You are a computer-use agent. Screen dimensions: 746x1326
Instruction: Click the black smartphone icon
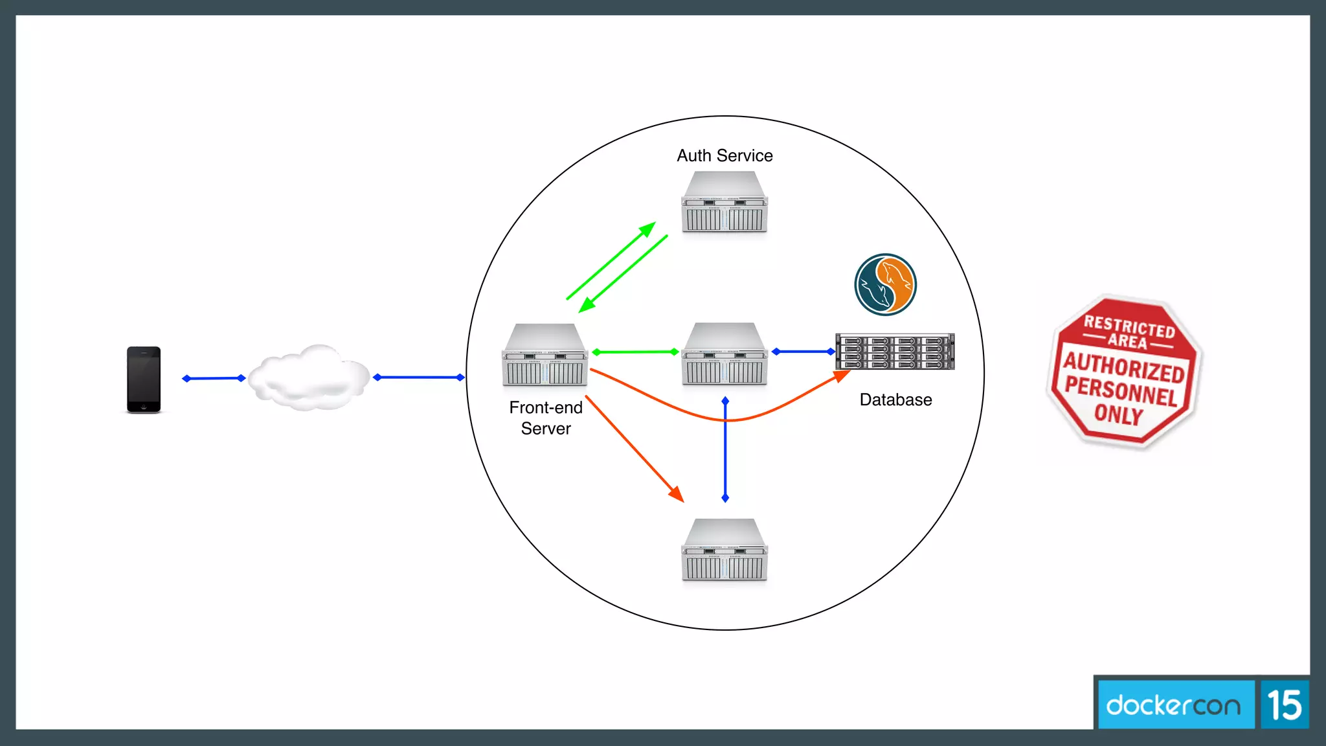point(144,379)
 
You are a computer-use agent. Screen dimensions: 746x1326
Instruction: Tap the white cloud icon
point(309,379)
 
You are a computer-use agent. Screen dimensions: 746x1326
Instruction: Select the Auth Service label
point(725,155)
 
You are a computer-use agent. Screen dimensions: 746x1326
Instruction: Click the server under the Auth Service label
point(725,202)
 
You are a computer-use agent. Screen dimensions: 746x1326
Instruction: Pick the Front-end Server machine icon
point(545,355)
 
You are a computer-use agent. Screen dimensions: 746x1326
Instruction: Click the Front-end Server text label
point(546,418)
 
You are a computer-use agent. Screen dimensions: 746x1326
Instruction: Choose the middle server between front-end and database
point(725,354)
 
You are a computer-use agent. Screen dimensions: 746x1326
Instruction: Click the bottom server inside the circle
point(725,550)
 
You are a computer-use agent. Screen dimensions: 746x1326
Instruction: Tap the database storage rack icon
point(895,352)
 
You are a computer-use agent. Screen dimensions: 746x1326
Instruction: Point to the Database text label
point(895,400)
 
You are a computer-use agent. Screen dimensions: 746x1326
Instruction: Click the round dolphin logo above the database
point(885,284)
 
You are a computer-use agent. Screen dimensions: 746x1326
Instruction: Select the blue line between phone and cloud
point(214,378)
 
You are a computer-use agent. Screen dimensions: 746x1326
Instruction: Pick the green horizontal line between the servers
point(635,352)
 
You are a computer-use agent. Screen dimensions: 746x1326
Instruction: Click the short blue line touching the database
point(803,352)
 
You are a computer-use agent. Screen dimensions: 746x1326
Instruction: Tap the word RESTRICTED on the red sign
point(1129,326)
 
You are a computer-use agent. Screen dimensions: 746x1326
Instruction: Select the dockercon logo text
point(1173,705)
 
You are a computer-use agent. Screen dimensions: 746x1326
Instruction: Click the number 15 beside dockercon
point(1285,705)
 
